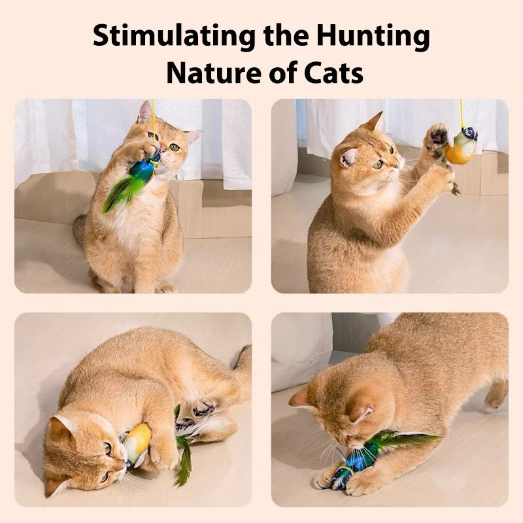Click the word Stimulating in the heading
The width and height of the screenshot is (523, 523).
click(x=173, y=36)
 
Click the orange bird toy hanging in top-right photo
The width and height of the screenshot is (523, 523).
click(x=460, y=149)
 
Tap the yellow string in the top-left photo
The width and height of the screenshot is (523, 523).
click(x=154, y=114)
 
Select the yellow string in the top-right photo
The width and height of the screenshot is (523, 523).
click(x=462, y=111)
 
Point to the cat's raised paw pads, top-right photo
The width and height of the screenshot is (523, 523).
click(x=437, y=135)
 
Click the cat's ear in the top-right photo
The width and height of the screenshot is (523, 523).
click(x=375, y=122)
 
